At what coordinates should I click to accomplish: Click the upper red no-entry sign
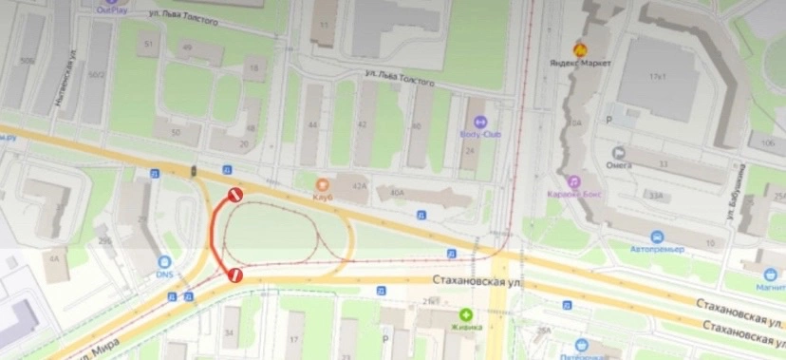(234, 195)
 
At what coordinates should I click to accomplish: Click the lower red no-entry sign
(234, 275)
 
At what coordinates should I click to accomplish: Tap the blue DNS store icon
(165, 261)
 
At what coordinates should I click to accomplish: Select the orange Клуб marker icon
(324, 184)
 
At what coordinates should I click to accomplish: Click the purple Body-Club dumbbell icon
(479, 122)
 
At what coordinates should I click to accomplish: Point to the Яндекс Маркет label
(580, 63)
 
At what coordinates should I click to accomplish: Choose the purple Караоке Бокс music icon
(573, 181)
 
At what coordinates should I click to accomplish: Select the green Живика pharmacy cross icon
(465, 314)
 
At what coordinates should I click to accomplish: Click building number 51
(147, 45)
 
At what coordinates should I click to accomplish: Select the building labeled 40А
(396, 193)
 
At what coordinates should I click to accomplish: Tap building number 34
(230, 332)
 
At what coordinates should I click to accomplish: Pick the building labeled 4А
(54, 258)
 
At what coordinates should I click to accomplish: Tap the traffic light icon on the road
(194, 170)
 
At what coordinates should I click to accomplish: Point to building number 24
(469, 151)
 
